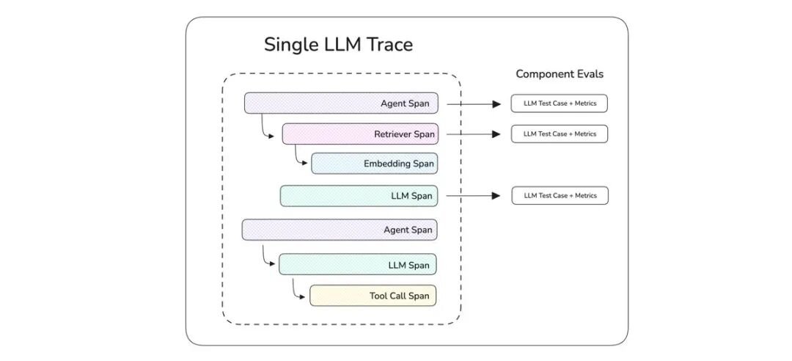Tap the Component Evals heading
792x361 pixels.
(559, 74)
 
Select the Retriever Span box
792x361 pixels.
(360, 134)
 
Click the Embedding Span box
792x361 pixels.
(374, 164)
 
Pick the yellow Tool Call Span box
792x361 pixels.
(373, 296)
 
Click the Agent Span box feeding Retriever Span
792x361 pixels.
(342, 103)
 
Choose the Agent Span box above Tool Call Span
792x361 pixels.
(340, 230)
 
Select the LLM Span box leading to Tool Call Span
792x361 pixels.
(358, 264)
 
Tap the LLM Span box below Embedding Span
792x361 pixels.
(359, 196)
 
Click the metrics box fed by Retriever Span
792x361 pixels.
(559, 134)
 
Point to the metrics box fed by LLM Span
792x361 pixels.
(560, 196)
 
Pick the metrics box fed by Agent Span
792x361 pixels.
(559, 103)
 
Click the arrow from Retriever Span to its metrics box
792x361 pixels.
(474, 134)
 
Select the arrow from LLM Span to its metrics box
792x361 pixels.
(474, 196)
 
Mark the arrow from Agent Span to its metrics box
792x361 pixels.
(474, 103)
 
